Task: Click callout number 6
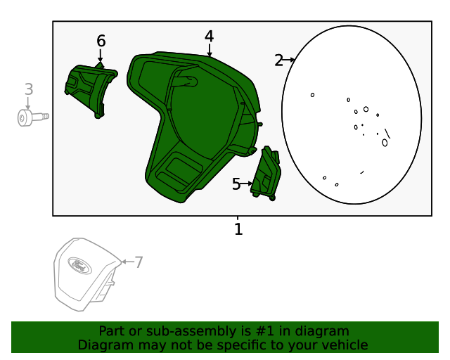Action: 101,41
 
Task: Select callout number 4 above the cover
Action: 210,37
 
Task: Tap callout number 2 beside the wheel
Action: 278,60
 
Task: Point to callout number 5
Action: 236,184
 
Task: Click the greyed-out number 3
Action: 29,89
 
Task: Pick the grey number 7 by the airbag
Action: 139,262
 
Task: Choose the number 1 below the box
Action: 238,229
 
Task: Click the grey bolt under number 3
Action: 33,117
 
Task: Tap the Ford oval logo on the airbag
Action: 79,266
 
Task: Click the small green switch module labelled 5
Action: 266,173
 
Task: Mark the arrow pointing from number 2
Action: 288,60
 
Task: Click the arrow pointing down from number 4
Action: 210,50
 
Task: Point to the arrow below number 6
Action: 100,56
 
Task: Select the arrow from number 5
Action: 247,184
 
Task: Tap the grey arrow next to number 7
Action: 127,262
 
